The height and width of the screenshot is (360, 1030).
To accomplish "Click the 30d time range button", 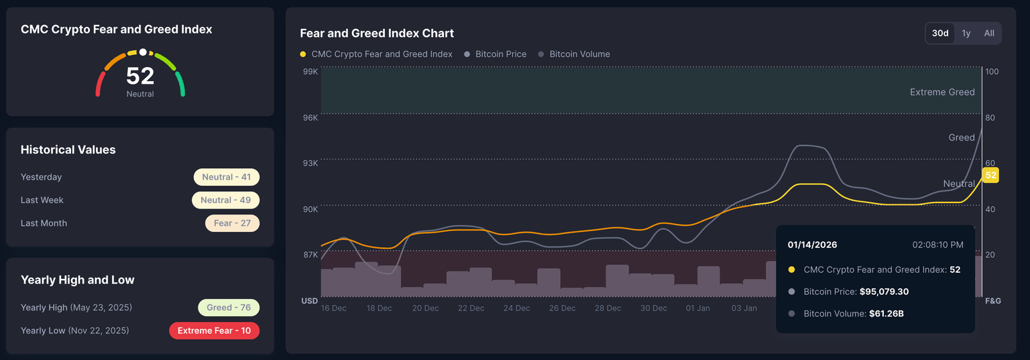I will tap(940, 34).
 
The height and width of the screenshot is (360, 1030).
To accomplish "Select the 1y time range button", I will tap(966, 34).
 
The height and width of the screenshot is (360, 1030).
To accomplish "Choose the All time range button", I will tap(989, 34).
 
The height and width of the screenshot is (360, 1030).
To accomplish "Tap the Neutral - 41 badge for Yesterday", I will tap(227, 177).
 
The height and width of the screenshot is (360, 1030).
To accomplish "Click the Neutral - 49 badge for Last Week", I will tap(225, 200).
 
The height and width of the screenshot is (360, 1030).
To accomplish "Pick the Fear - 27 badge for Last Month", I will tap(232, 223).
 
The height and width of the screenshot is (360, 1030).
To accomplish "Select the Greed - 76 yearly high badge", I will tap(229, 308).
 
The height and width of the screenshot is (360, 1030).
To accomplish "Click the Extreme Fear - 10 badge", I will tap(214, 331).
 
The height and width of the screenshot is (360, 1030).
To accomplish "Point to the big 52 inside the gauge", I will tap(140, 76).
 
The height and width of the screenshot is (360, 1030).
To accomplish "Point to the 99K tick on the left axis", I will tap(310, 72).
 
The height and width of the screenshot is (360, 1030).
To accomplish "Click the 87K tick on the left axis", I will tap(310, 255).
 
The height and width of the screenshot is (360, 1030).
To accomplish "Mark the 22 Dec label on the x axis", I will tap(471, 308).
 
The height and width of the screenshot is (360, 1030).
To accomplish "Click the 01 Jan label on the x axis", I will tap(698, 308).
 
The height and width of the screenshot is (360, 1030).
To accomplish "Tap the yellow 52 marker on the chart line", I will tap(990, 176).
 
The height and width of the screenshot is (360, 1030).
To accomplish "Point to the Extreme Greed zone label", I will tap(942, 93).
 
